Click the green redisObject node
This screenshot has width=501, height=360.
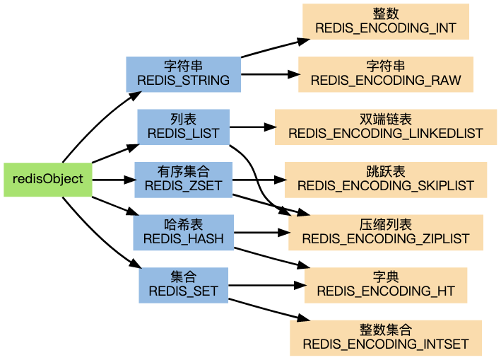[47, 180]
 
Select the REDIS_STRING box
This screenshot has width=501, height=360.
[183, 74]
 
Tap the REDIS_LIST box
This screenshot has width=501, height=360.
[183, 127]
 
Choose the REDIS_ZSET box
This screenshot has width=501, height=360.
[183, 180]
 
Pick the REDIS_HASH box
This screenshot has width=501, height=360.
[183, 233]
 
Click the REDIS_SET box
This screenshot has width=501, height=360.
[183, 285]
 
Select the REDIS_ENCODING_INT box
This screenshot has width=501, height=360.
[385, 21]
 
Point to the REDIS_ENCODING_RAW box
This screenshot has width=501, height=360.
[385, 74]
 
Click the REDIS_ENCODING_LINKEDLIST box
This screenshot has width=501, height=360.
[385, 127]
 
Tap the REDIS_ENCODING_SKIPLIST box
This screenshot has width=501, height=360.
[385, 180]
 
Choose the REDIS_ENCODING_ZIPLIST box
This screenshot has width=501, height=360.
[385, 233]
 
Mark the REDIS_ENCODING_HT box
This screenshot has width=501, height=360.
[385, 285]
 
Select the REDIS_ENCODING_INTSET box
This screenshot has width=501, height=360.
[385, 337]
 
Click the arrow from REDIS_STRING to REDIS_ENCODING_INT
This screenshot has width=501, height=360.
[271, 48]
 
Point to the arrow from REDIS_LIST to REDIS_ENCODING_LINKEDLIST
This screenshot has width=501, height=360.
[252, 127]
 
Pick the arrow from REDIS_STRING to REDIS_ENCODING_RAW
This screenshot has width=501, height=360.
[269, 74]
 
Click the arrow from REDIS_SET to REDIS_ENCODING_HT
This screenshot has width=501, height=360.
[266, 286]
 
